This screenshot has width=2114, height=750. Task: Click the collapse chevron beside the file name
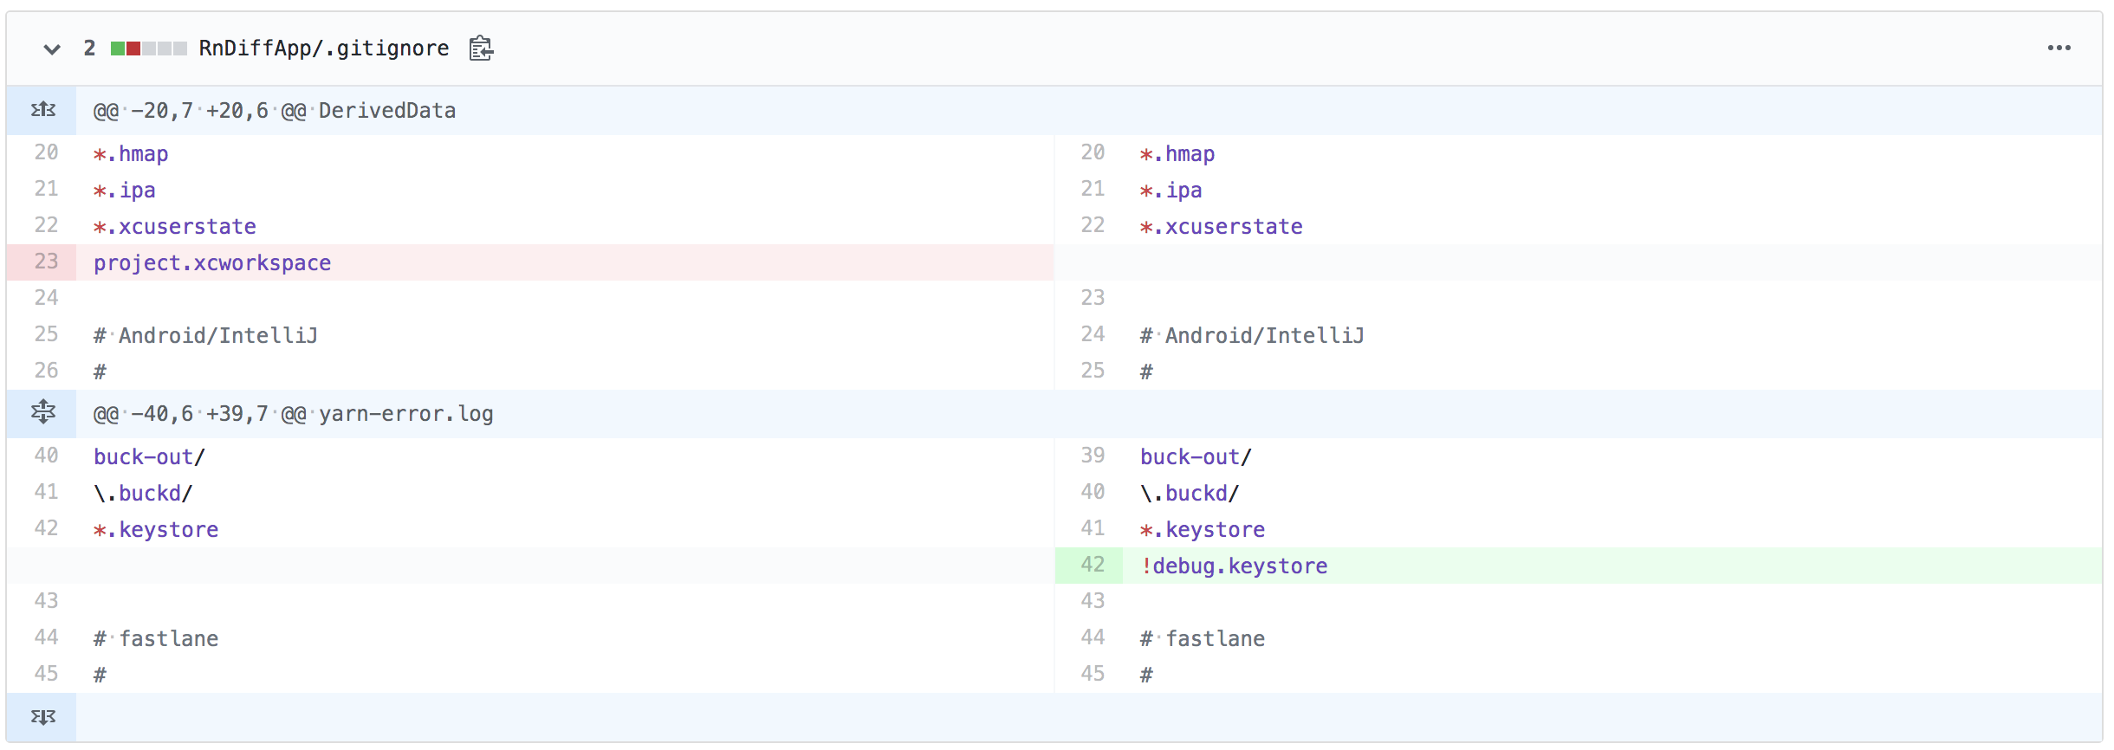[x=52, y=49]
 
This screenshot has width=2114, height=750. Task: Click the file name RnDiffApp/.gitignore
[x=324, y=48]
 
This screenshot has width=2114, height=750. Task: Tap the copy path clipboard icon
[x=481, y=48]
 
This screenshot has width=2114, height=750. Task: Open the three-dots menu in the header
[x=2059, y=48]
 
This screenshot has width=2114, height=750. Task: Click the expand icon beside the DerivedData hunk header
[x=42, y=110]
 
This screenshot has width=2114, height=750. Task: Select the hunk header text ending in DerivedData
[x=275, y=111]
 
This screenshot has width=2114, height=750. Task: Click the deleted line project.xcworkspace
[x=212, y=263]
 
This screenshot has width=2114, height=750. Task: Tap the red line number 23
[x=46, y=262]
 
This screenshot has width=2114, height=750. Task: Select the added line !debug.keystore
[x=1234, y=566]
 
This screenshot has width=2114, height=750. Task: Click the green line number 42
[x=1093, y=565]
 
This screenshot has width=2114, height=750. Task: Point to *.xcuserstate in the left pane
[x=175, y=227]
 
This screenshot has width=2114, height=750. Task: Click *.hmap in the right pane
[x=1177, y=154]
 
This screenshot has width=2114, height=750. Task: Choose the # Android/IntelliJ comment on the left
[x=205, y=336]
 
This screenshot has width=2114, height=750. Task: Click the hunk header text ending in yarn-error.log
[x=293, y=414]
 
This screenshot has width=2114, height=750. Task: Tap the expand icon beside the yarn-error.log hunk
[x=42, y=412]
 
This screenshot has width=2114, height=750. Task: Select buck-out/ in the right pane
[x=1196, y=457]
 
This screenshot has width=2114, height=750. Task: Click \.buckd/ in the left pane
[x=143, y=494]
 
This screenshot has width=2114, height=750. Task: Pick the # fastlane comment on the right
[x=1203, y=639]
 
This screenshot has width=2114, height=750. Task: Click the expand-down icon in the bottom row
[x=42, y=717]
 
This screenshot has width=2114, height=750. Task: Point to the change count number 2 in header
[x=89, y=48]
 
